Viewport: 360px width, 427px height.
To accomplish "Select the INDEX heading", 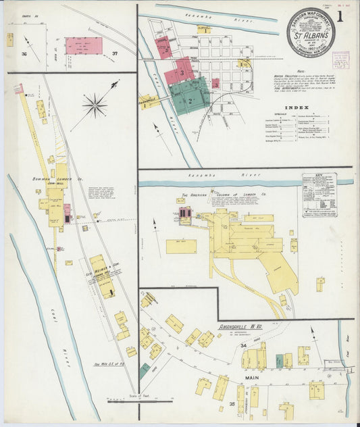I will pyautogui.click(x=297, y=107).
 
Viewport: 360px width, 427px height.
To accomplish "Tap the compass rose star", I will pyautogui.click(x=95, y=105).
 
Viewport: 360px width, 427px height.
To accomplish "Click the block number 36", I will pyautogui.click(x=24, y=53).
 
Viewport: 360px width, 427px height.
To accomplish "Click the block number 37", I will pyautogui.click(x=115, y=53).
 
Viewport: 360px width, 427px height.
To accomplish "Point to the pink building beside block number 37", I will pyautogui.click(x=84, y=46).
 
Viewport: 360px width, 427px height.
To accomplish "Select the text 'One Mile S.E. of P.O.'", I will pyautogui.click(x=109, y=366).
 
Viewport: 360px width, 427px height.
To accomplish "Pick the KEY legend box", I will pyautogui.click(x=319, y=195).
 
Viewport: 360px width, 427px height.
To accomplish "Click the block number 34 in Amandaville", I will pyautogui.click(x=242, y=345).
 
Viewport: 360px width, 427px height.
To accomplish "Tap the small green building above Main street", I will pyautogui.click(x=279, y=361).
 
